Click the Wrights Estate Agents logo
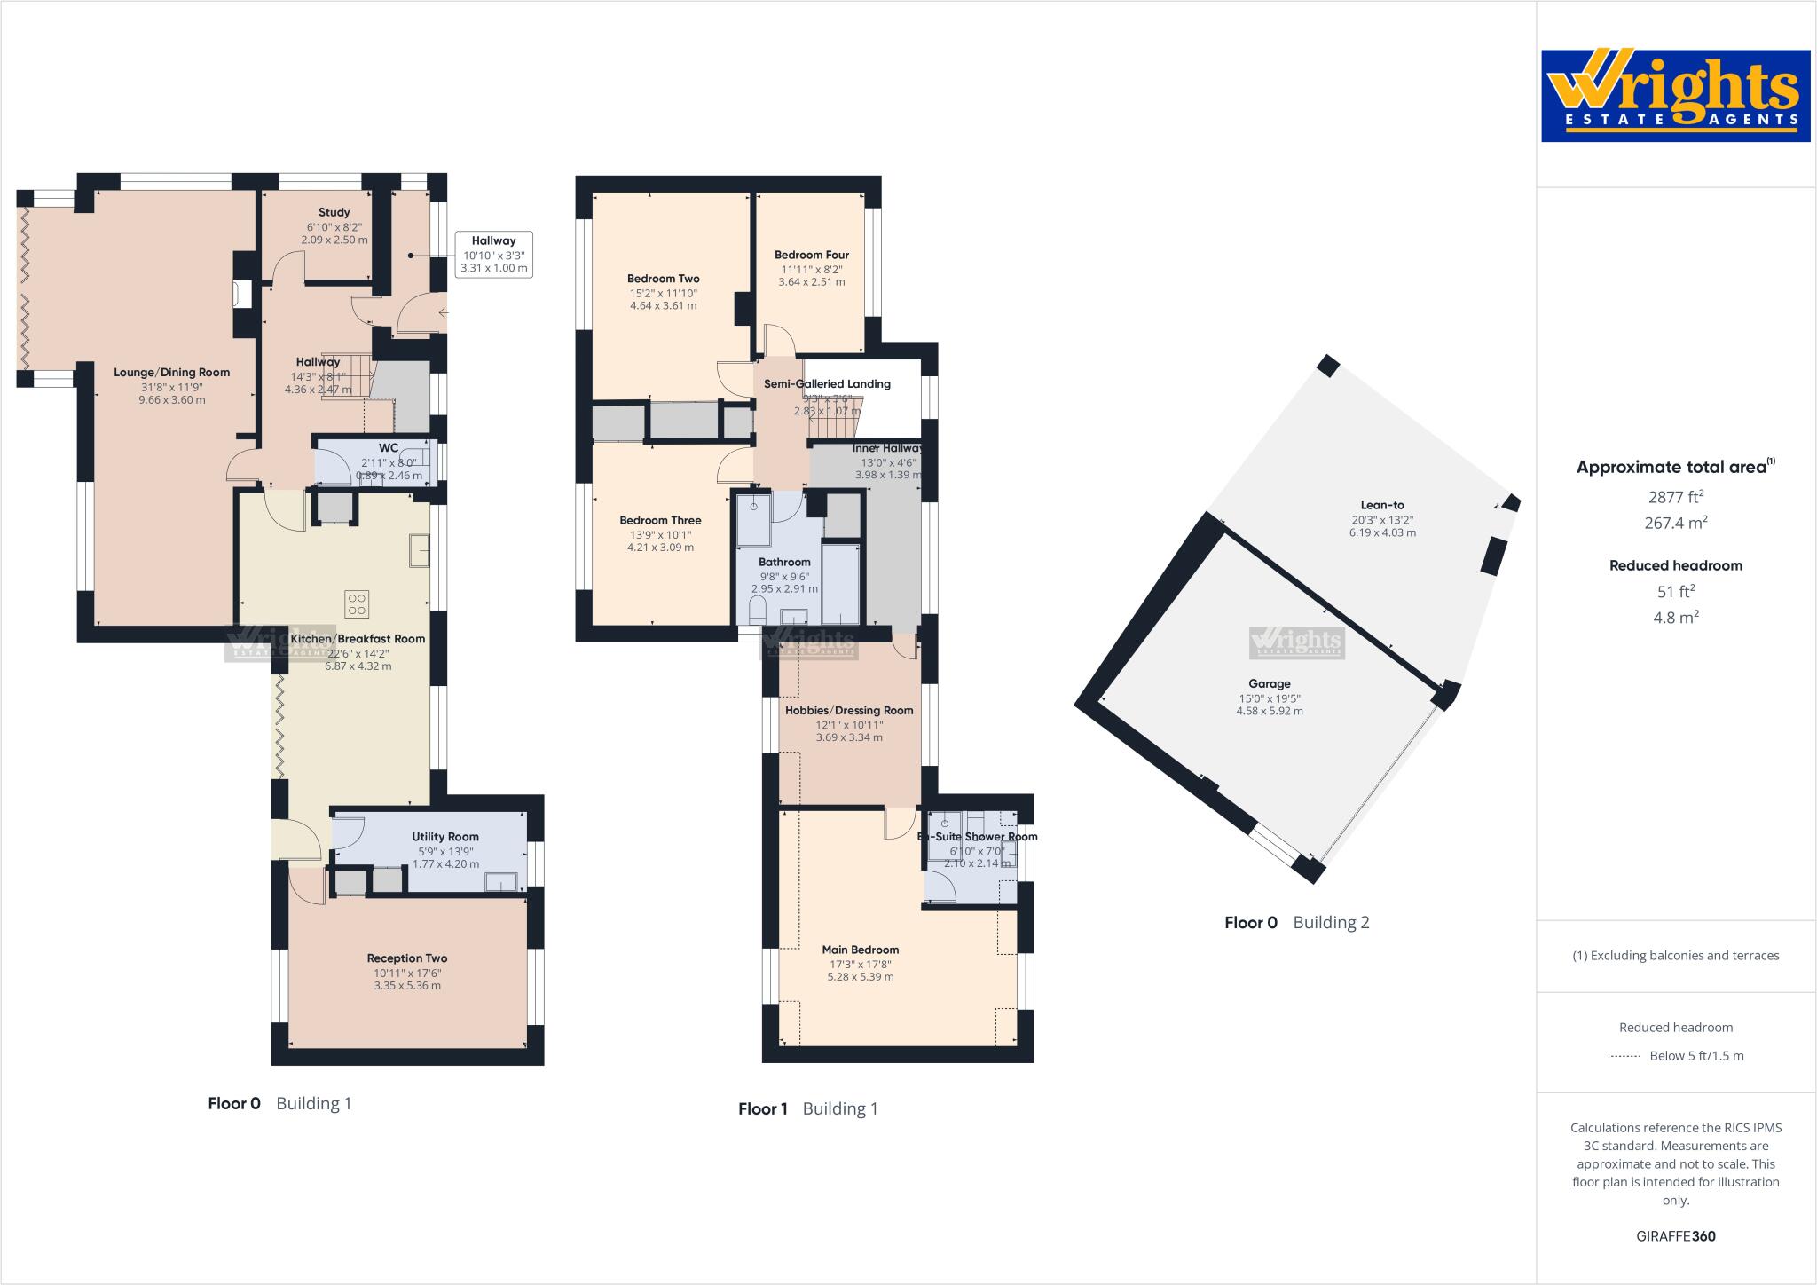pyautogui.click(x=1675, y=96)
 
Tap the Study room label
pyautogui.click(x=334, y=212)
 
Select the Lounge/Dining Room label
pyautogui.click(x=171, y=373)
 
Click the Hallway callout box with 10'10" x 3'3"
pyautogui.click(x=493, y=254)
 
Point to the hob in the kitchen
pyautogui.click(x=357, y=603)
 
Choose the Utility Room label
pyautogui.click(x=445, y=836)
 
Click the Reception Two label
pyautogui.click(x=407, y=958)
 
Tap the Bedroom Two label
pyautogui.click(x=663, y=279)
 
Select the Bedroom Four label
pyautogui.click(x=811, y=256)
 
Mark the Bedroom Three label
pyautogui.click(x=660, y=521)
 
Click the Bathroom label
pyautogui.click(x=784, y=562)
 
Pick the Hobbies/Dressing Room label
pyautogui.click(x=849, y=710)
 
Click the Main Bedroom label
pyautogui.click(x=861, y=950)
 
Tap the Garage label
pyautogui.click(x=1269, y=683)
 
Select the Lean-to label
pyautogui.click(x=1381, y=506)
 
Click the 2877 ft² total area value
pyautogui.click(x=1675, y=497)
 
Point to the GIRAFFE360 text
pyautogui.click(x=1675, y=1236)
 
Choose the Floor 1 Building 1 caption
pyautogui.click(x=807, y=1108)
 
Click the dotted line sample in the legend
pyautogui.click(x=1623, y=1056)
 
